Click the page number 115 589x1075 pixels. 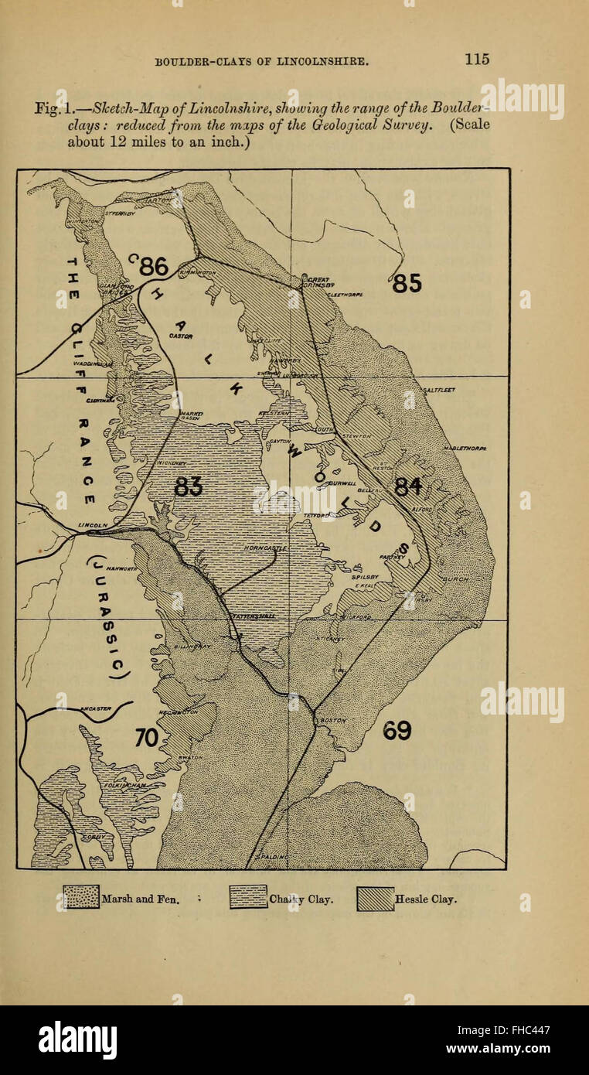[x=477, y=59]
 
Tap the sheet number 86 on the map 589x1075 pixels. [x=152, y=266]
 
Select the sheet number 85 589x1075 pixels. [x=407, y=284]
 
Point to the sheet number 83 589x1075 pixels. [x=189, y=486]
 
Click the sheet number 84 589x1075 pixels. [x=408, y=486]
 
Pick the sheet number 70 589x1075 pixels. [x=147, y=738]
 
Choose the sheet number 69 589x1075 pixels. [x=397, y=730]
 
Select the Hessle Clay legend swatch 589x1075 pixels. [x=376, y=898]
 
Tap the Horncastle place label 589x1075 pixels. [x=265, y=548]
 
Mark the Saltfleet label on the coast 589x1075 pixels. [x=438, y=390]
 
